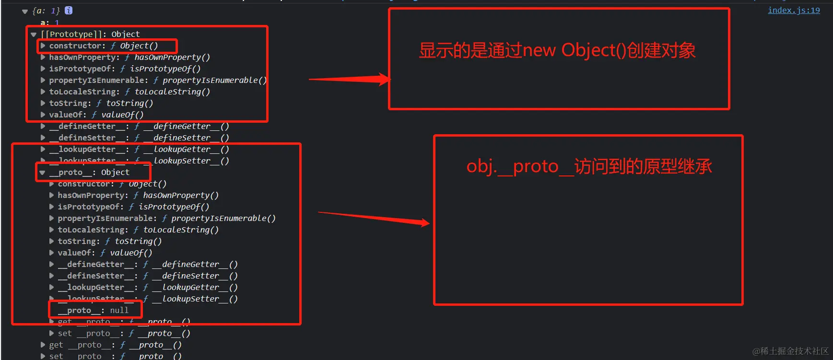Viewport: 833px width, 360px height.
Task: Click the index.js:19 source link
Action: point(794,10)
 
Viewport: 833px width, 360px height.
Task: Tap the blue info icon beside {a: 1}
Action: point(69,10)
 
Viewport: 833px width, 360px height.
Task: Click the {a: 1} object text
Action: point(46,11)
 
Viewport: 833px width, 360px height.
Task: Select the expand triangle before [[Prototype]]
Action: point(34,35)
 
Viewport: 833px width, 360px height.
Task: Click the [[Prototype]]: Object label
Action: point(90,34)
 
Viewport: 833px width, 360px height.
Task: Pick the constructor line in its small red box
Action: point(103,46)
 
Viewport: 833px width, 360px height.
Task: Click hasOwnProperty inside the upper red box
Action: point(84,58)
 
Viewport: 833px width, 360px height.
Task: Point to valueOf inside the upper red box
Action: point(67,115)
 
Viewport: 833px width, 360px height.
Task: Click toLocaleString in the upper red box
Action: point(84,92)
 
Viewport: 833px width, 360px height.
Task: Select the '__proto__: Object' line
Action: point(94,173)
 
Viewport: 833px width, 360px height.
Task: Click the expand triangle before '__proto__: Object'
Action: point(43,173)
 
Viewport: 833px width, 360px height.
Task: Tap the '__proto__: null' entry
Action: point(93,311)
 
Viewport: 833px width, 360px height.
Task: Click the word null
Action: point(119,311)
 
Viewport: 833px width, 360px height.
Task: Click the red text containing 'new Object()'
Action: point(557,50)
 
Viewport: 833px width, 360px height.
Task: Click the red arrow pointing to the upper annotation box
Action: point(350,80)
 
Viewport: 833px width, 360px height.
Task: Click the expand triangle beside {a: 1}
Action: point(25,11)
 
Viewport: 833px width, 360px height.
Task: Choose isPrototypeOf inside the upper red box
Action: point(82,69)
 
